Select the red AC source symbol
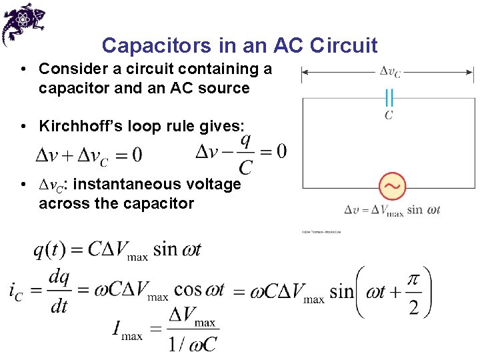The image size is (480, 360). click(392, 187)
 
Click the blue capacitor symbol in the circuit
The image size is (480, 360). click(389, 99)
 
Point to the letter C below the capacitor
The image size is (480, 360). click(389, 115)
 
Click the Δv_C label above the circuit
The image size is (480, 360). click(389, 71)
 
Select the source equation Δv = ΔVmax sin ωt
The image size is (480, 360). click(392, 210)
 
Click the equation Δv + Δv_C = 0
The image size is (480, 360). click(88, 156)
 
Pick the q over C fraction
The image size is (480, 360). click(245, 153)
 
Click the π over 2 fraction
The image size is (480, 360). click(413, 291)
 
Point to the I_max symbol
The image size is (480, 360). click(128, 329)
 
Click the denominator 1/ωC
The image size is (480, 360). click(193, 344)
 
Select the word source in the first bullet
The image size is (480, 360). click(225, 88)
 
